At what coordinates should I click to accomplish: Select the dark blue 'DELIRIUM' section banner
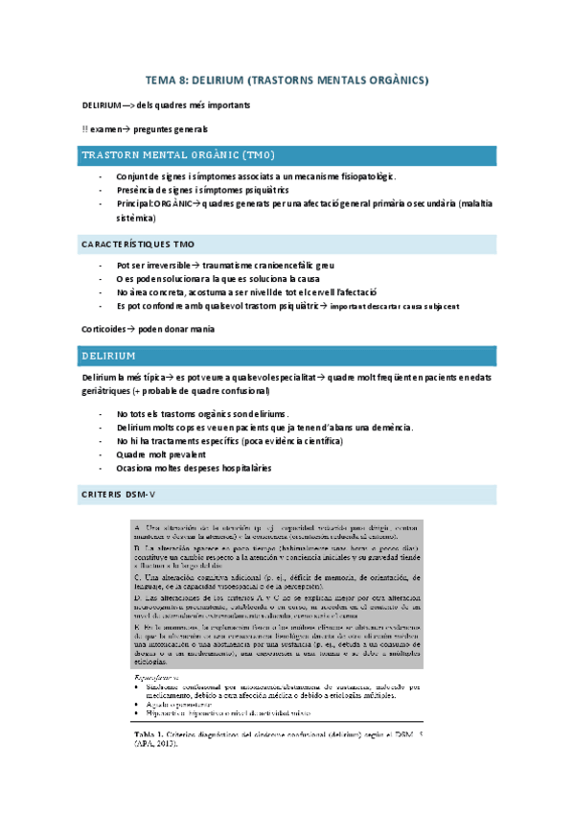108,356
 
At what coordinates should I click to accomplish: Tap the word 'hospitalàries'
240,468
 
